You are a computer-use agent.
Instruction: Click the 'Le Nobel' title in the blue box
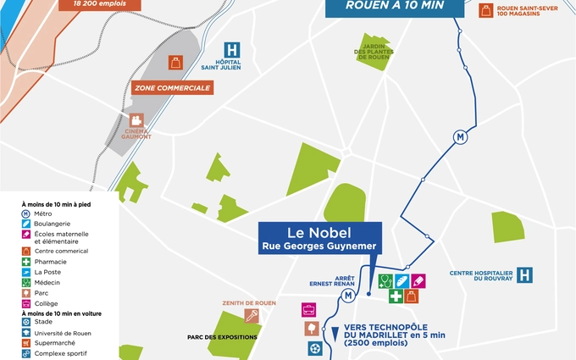point(319,231)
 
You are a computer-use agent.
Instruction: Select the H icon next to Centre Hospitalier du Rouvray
point(525,274)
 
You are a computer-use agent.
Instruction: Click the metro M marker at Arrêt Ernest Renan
point(347,294)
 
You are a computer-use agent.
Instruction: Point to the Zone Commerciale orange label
point(172,87)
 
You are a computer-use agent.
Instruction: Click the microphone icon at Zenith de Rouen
point(252,316)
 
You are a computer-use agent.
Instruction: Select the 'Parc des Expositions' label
point(223,337)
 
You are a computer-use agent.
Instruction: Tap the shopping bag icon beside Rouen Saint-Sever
point(485,10)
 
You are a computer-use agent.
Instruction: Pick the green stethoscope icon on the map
point(386,280)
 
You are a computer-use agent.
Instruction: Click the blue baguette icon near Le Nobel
point(402,280)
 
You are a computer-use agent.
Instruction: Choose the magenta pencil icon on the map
point(418,280)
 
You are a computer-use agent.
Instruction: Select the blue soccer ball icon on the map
point(316,347)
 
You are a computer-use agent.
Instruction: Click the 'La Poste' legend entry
point(47,272)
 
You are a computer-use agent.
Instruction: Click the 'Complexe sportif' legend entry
point(60,353)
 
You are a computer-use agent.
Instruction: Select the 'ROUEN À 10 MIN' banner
point(395,5)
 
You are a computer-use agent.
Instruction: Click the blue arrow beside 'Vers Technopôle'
point(335,333)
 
